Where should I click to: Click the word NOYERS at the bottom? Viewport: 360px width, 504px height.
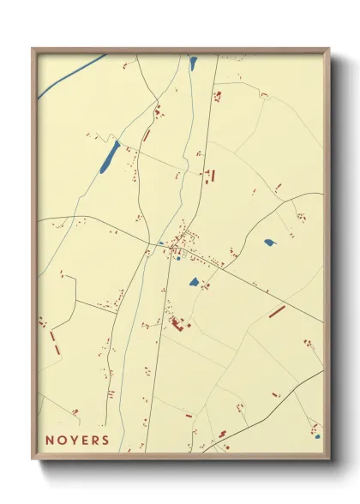coord(77,441)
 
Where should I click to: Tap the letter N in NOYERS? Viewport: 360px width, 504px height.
coord(50,441)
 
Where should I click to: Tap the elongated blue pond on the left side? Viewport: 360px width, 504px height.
coord(110,157)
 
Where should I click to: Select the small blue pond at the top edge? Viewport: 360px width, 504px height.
coord(193,62)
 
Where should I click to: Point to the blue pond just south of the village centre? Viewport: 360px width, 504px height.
coord(194,281)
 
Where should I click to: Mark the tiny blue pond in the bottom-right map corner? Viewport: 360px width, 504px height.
coord(316,437)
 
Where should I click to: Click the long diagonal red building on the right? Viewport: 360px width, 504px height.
coord(277,311)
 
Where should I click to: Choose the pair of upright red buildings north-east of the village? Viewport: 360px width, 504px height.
coord(210,176)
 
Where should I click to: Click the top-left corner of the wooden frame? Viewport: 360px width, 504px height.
coord(33,49)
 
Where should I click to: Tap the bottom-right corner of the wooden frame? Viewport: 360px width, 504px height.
coord(329,459)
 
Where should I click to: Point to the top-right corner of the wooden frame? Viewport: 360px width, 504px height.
coord(329,49)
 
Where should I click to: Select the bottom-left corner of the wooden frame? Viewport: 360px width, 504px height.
coord(33,459)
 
